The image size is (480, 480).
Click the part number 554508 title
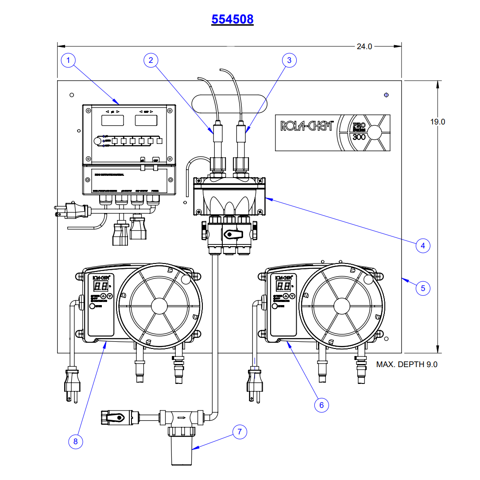coord(232,19)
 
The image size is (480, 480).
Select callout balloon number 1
coord(69,60)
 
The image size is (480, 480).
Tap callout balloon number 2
coord(151,60)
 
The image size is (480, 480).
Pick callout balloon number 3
coord(289,60)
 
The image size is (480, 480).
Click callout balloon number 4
coord(423,245)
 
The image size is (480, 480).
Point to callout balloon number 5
coord(423,288)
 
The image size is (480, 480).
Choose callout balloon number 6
coord(321,404)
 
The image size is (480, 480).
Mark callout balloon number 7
coord(240,432)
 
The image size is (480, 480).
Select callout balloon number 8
coord(76,441)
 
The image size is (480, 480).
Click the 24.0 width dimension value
coord(364,46)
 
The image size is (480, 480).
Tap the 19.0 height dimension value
coord(437,122)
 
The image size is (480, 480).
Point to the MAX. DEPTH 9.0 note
coord(407,364)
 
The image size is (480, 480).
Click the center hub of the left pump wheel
coord(159,306)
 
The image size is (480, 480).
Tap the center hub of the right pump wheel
coord(341,306)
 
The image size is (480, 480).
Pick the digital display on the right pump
coord(283,286)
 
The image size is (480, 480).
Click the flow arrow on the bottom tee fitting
coord(181,417)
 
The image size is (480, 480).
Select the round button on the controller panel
coord(97,141)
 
